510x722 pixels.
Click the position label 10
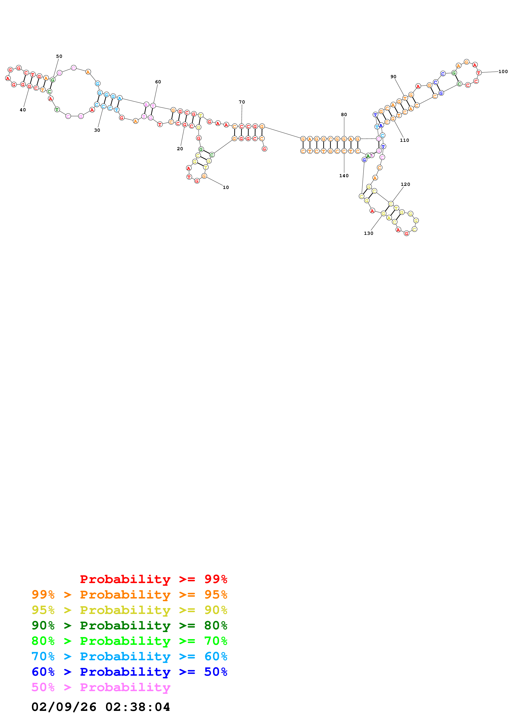tap(226, 187)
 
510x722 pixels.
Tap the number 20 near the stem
tap(180, 149)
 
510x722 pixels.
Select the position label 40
tap(23, 110)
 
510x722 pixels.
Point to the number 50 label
tap(59, 56)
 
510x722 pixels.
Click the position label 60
tap(158, 82)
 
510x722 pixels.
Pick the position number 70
tap(242, 102)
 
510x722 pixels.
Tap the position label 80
tap(344, 114)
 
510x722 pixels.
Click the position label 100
tap(503, 71)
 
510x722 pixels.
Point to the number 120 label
tap(405, 184)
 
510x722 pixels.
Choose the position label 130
tap(368, 233)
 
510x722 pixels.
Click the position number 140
tap(344, 176)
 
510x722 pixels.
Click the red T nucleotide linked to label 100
tap(479, 73)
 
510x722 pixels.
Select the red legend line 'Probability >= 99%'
tap(153, 579)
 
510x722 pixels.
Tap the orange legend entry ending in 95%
tap(129, 594)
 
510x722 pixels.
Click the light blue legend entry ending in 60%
tap(129, 656)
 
